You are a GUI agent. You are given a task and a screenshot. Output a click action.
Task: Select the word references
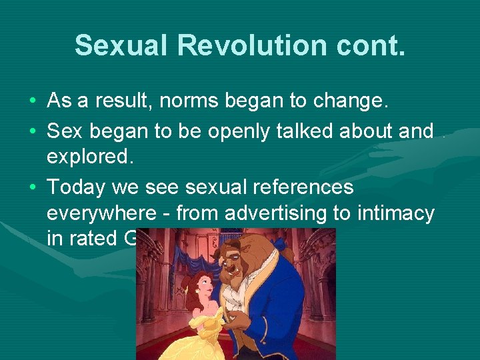(301, 187)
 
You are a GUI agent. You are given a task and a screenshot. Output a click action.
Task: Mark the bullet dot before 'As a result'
(33, 102)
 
